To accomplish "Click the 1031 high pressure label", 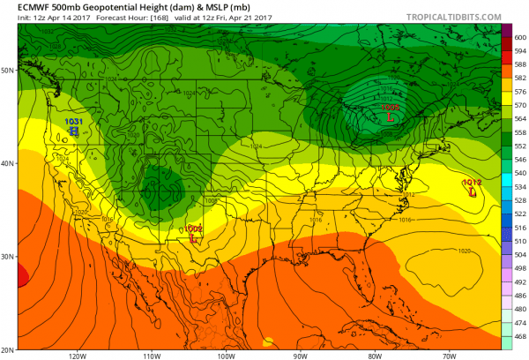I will tap(74, 121).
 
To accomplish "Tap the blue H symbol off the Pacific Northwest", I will tap(74, 131).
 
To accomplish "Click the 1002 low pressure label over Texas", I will tap(195, 228).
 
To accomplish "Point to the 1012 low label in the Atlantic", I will tap(470, 182).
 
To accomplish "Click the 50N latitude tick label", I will tap(8, 70).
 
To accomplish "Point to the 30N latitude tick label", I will tap(8, 256).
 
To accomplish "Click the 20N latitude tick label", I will tap(8, 349).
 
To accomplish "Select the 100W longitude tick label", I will tap(226, 356).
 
